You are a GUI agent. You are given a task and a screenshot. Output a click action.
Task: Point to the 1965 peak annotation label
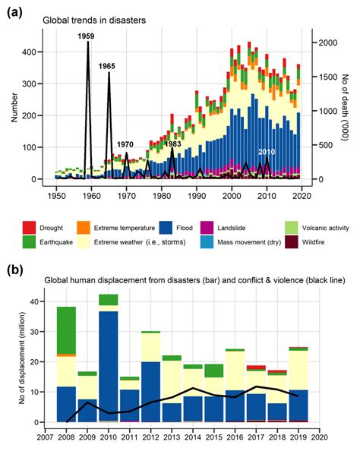(106, 67)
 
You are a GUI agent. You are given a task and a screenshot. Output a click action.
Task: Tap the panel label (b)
(14, 269)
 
